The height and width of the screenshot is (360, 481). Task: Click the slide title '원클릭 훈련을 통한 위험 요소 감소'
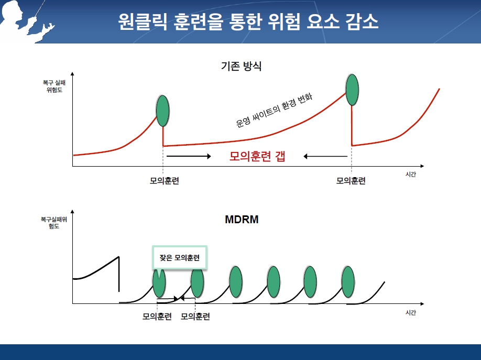[248, 21]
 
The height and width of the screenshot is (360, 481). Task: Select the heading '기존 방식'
[241, 66]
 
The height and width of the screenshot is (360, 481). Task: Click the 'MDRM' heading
[242, 220]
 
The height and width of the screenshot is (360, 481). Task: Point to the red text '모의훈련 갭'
[257, 156]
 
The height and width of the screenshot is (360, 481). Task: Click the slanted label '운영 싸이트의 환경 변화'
[274, 110]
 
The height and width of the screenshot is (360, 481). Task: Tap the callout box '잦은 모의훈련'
[180, 257]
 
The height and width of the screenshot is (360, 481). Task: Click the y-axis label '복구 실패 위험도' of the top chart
[54, 86]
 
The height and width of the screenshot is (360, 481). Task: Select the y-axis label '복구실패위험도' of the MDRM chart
[53, 223]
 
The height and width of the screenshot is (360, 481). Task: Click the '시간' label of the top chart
[411, 174]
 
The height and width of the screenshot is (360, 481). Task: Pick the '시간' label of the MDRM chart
[411, 312]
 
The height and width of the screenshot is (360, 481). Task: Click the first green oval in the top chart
[162, 111]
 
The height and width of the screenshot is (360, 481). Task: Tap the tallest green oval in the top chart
[352, 90]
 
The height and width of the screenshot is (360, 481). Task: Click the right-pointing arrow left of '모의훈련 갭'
[189, 156]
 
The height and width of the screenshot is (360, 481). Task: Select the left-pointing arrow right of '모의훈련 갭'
[325, 156]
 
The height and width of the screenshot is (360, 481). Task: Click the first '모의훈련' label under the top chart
[165, 181]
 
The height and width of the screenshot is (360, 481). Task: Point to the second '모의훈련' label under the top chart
[351, 181]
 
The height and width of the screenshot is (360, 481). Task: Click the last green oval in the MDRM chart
[348, 282]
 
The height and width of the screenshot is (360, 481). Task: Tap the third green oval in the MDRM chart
[236, 282]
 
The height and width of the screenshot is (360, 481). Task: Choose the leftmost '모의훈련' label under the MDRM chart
[157, 317]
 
